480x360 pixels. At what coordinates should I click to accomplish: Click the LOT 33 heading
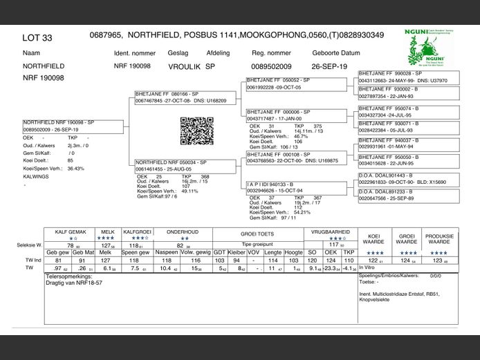pos(37,38)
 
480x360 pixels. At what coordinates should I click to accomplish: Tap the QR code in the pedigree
pos(193,131)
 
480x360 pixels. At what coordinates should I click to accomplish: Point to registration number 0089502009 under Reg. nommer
pos(271,67)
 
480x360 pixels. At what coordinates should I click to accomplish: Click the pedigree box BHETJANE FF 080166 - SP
pos(181,96)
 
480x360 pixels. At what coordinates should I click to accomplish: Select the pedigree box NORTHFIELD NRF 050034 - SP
pos(181,166)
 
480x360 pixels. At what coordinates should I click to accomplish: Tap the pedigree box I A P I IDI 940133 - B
pos(297,188)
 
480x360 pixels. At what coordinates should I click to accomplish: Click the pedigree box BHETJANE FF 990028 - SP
pos(408,76)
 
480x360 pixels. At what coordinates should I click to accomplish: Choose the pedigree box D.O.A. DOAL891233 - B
pos(408,196)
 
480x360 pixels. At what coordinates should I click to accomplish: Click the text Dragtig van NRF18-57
pos(71,283)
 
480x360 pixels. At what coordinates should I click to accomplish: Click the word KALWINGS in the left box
pos(35,177)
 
